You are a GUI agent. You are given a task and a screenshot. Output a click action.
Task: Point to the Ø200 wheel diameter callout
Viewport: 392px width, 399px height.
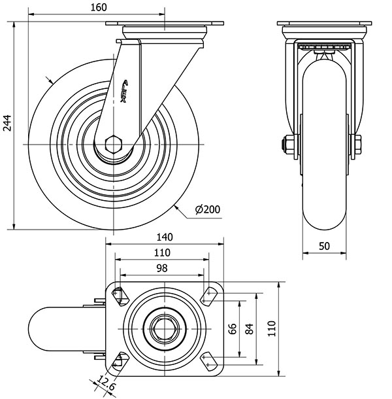pyautogui.click(x=207, y=209)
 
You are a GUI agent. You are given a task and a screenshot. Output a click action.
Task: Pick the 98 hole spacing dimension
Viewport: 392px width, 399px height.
pyautogui.click(x=162, y=268)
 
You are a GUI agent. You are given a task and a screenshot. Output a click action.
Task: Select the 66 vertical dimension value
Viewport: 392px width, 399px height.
pyautogui.click(x=233, y=328)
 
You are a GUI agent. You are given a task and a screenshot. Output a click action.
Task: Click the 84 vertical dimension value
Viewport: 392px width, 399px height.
pyautogui.click(x=249, y=328)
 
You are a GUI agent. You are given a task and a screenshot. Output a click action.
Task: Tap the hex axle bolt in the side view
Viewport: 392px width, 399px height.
pyautogui.click(x=114, y=143)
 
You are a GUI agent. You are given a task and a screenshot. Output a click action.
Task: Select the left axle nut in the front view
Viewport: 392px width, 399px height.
pyautogui.click(x=288, y=143)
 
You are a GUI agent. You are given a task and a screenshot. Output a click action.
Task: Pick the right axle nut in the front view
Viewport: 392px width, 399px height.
pyautogui.click(x=355, y=143)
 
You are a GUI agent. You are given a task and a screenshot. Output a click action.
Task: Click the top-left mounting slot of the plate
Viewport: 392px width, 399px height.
pyautogui.click(x=120, y=295)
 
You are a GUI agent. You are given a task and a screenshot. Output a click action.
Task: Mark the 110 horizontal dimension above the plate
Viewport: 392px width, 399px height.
pyautogui.click(x=162, y=252)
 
